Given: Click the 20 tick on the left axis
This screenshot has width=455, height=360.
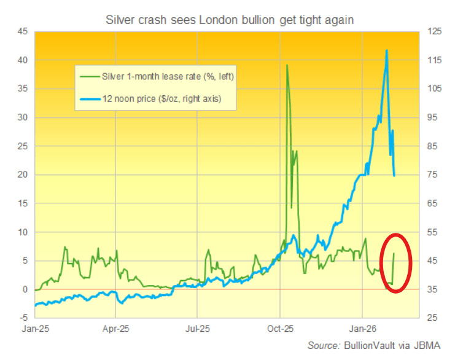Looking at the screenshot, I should coord(21,174).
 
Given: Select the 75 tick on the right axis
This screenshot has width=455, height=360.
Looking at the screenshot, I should coord(429,174).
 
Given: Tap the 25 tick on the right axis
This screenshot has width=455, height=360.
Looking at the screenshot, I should coord(429,318).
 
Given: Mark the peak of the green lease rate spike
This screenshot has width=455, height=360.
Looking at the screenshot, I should coord(287,65).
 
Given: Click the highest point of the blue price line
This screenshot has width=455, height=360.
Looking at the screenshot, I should coord(386,50).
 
